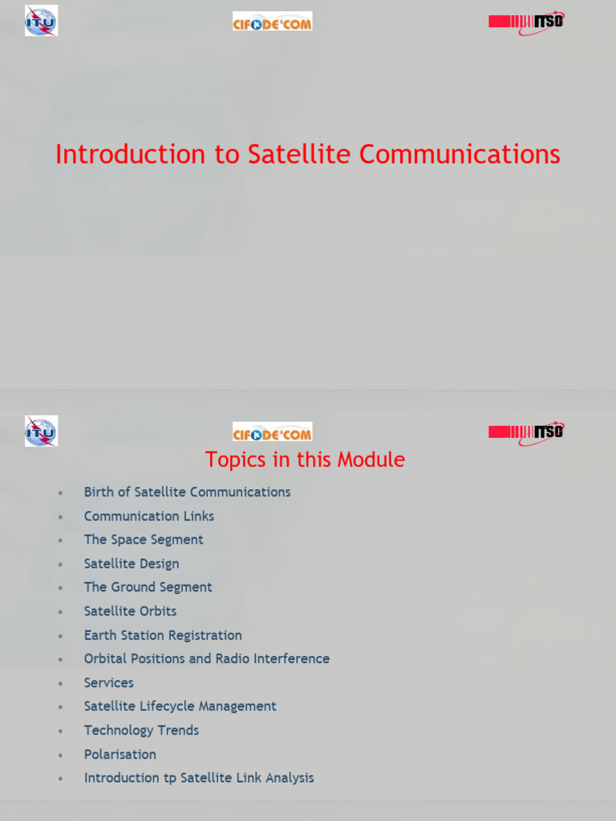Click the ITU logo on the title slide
pos(41,21)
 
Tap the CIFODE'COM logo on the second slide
pos(272,432)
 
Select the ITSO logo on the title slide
pos(526,22)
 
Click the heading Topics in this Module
pos(305,459)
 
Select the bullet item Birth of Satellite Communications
pos(187,492)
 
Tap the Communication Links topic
pos(149,516)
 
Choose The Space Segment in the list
pos(144,540)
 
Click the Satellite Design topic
pos(132,564)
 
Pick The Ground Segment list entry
pos(148,587)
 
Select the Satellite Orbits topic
pos(130,611)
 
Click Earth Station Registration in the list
pos(163,635)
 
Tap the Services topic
pos(109,683)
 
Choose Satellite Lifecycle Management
pos(180,706)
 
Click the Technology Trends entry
pos(141,730)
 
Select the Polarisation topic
pos(120,754)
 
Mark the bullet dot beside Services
pos(60,684)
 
